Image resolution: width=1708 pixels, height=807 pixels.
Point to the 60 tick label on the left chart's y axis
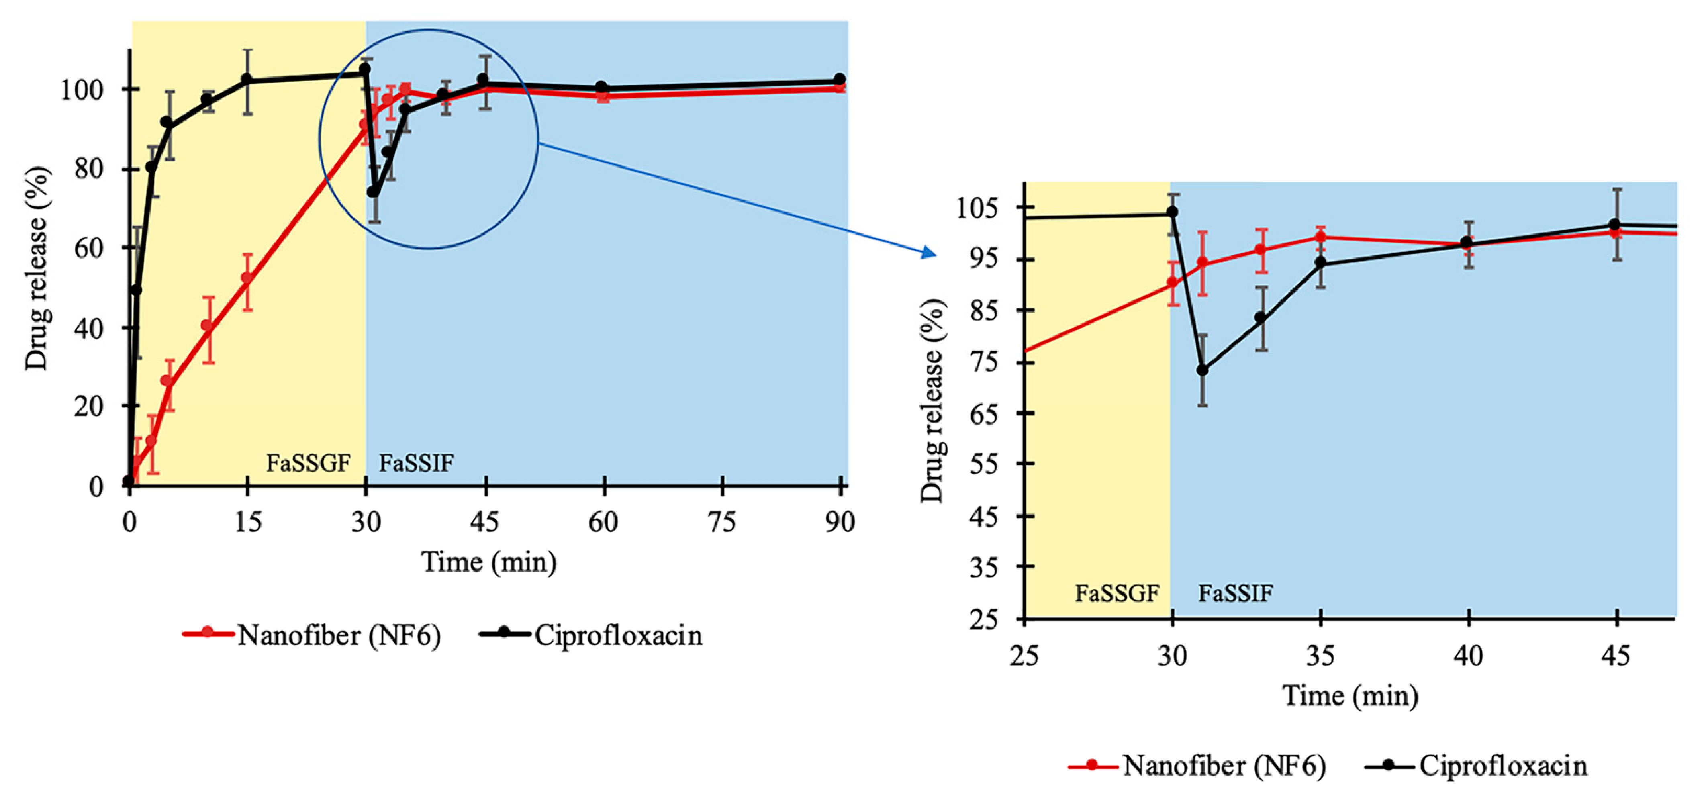coord(88,248)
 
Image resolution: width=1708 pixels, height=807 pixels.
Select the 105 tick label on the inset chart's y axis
coord(977,208)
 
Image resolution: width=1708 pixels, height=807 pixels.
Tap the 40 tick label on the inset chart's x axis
coord(1468,656)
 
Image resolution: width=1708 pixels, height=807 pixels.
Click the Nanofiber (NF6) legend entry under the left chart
coord(338,635)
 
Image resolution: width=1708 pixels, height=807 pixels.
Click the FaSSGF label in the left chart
coord(309,462)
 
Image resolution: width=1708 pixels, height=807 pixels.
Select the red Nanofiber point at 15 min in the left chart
coord(247,278)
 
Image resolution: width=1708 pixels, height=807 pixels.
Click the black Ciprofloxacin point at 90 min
coord(840,80)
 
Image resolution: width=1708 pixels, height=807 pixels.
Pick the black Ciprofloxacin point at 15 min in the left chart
coord(247,80)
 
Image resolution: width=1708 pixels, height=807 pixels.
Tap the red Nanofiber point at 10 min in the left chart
coord(208,326)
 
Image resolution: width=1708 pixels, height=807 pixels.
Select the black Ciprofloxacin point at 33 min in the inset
coord(1261,318)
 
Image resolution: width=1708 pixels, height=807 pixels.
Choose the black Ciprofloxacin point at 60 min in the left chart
coord(601,87)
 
